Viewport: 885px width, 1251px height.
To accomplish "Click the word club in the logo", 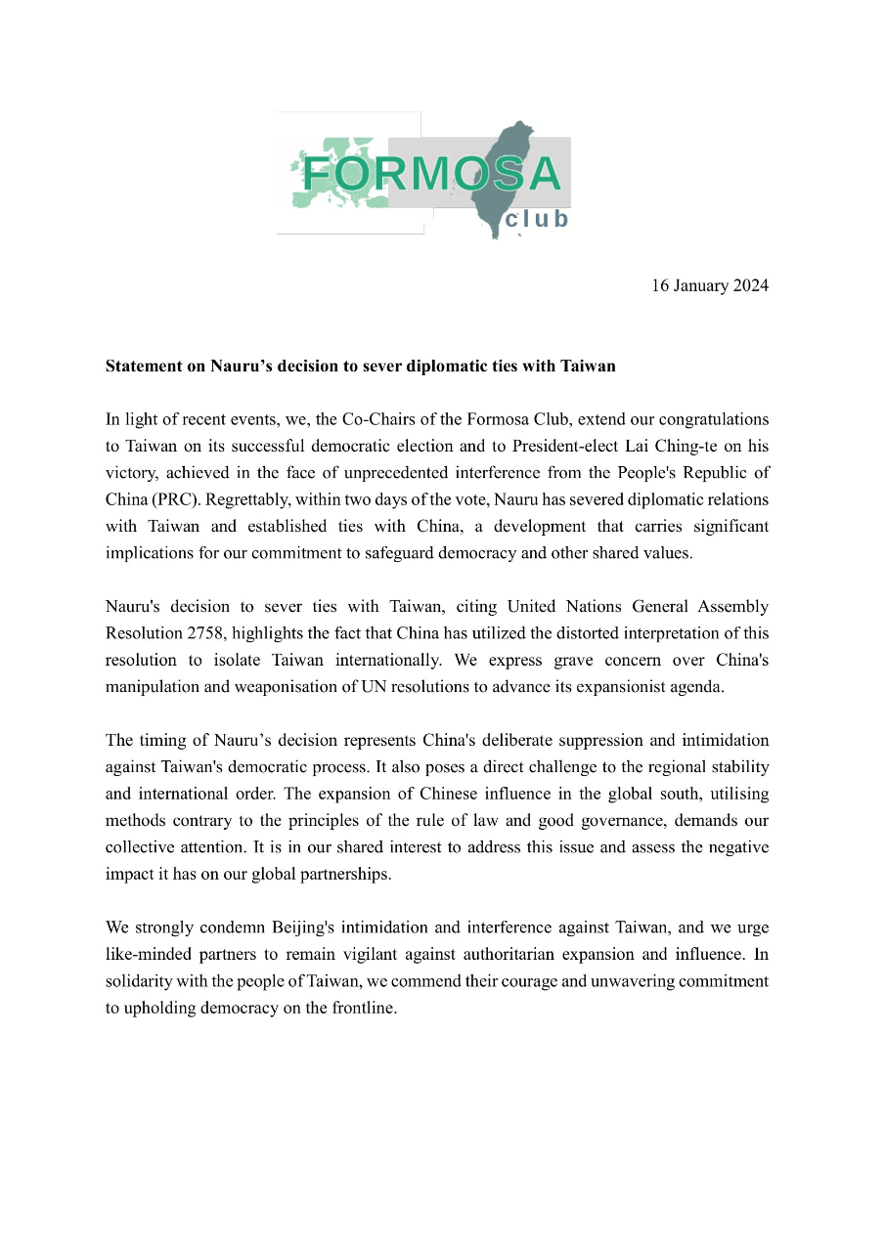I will coord(536,219).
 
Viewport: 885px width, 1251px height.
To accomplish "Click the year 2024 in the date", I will coord(748,285).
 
